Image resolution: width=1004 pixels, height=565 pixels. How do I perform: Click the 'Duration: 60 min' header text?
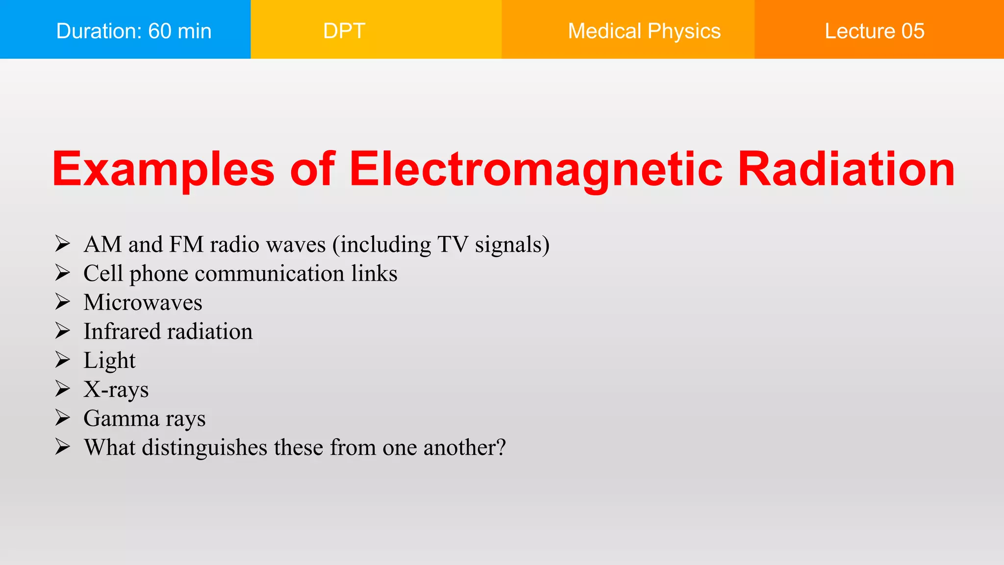click(x=134, y=31)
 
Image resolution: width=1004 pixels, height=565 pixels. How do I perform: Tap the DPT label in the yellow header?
click(x=344, y=31)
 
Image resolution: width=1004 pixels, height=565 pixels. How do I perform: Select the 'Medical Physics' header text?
click(x=644, y=31)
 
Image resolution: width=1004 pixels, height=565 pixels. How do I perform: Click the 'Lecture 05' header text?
click(x=874, y=31)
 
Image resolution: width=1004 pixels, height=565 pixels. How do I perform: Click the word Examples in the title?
click(x=163, y=169)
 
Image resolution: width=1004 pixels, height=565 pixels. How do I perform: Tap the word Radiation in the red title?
click(x=846, y=169)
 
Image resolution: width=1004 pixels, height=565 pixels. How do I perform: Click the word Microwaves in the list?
click(x=143, y=303)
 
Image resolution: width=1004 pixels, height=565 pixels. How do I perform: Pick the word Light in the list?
click(x=109, y=361)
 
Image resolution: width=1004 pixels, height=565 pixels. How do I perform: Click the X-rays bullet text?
click(x=116, y=389)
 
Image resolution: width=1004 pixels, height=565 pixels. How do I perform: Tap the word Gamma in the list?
click(x=121, y=419)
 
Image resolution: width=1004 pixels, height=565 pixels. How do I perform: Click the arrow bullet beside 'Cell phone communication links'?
click(x=62, y=273)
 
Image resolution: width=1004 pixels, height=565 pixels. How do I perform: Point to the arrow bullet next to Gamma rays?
click(x=62, y=418)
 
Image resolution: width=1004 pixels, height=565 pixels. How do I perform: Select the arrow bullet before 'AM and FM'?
click(x=62, y=244)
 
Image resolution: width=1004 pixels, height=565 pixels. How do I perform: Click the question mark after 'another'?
click(x=501, y=447)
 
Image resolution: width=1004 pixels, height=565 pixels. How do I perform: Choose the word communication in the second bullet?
click(x=269, y=274)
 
